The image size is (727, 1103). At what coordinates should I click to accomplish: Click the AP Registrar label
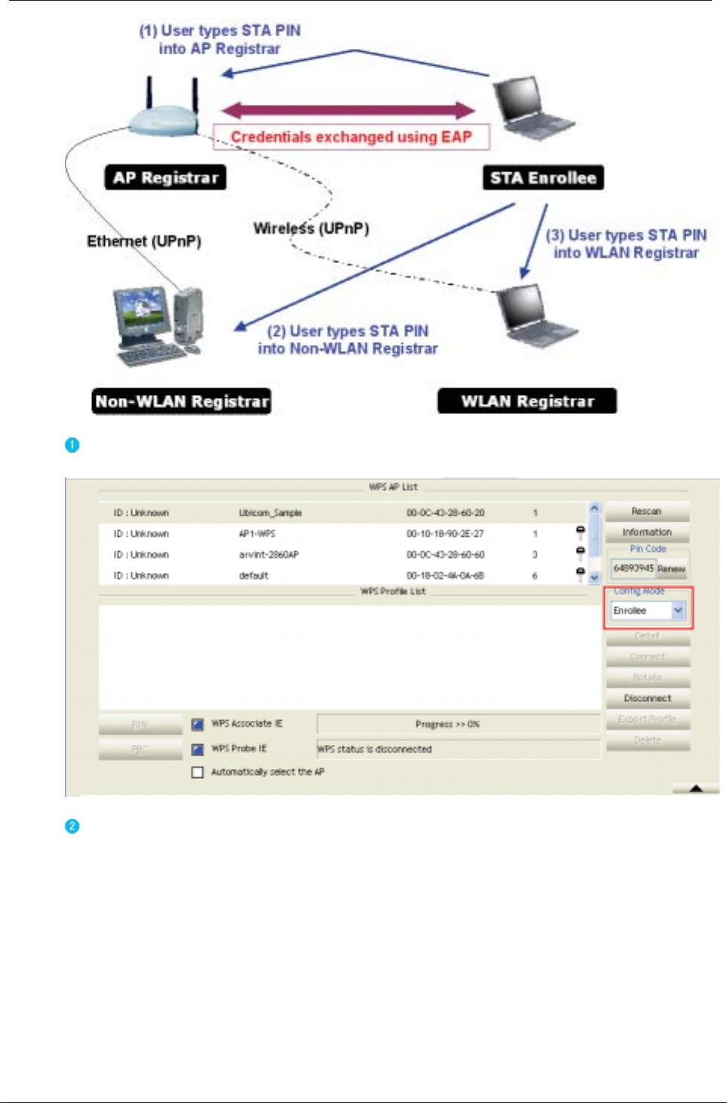[x=165, y=178]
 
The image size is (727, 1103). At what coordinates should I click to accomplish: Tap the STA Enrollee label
[x=543, y=178]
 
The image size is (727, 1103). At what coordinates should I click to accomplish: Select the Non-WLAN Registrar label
[x=182, y=401]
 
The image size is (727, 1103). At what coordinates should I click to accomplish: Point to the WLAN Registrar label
[x=527, y=401]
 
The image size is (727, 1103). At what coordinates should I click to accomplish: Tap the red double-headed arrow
[x=348, y=111]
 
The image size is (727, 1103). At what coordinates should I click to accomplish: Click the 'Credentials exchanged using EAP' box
[x=351, y=137]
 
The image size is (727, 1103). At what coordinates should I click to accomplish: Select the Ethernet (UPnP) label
[x=144, y=241]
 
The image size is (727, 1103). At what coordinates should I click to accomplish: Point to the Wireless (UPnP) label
[x=311, y=228]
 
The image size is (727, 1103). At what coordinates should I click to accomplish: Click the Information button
[x=647, y=532]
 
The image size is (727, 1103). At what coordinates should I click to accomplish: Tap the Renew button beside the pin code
[x=671, y=569]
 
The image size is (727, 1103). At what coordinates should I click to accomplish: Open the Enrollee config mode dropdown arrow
[x=678, y=611]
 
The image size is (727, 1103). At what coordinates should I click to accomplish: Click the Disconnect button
[x=647, y=698]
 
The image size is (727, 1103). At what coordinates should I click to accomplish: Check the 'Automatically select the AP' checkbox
[x=198, y=772]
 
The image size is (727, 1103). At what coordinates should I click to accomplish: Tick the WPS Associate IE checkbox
[x=198, y=725]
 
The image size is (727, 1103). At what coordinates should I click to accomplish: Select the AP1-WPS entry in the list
[x=257, y=534]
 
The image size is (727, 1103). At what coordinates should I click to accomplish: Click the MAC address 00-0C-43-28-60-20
[x=445, y=513]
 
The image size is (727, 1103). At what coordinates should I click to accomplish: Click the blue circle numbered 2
[x=72, y=826]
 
